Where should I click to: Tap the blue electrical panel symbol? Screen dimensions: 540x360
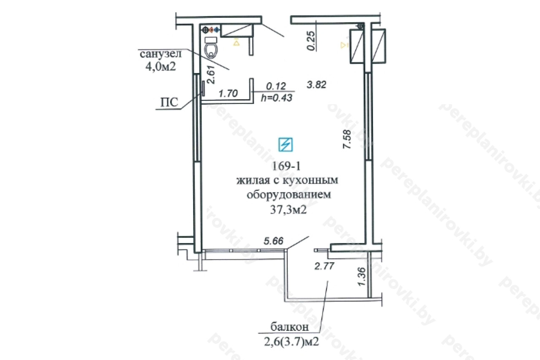pyautogui.click(x=286, y=144)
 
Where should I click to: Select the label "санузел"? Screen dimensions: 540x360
pyautogui.click(x=161, y=54)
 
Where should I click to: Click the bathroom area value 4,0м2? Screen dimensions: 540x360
pyautogui.click(x=161, y=66)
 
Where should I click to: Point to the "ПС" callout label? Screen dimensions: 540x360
pyautogui.click(x=169, y=102)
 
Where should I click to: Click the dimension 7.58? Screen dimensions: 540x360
pyautogui.click(x=347, y=139)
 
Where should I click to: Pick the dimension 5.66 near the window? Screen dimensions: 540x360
pyautogui.click(x=273, y=241)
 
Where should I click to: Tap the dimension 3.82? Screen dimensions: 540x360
pyautogui.click(x=316, y=84)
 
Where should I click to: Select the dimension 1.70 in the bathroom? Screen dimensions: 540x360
pyautogui.click(x=228, y=93)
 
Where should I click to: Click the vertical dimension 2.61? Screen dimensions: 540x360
pyautogui.click(x=211, y=75)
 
